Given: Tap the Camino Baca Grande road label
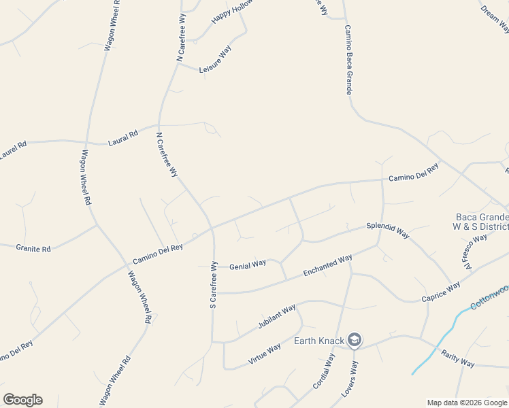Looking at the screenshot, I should (x=348, y=61).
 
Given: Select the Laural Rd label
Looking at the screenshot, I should (x=123, y=137).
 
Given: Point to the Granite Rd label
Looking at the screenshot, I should (x=33, y=248).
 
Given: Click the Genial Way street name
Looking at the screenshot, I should (x=247, y=265).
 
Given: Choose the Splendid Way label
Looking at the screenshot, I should (x=388, y=229).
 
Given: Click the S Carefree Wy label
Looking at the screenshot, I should (x=213, y=284).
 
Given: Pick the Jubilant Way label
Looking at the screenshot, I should (x=276, y=318).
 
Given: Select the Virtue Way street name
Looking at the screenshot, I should (x=264, y=354).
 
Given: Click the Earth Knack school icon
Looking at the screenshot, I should (x=354, y=340).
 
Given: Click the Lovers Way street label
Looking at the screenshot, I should (x=354, y=379).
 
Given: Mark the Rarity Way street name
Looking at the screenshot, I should (x=458, y=358).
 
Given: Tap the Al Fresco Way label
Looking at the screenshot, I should (x=476, y=252).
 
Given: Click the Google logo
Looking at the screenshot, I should (x=22, y=400).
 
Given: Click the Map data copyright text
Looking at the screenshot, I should (x=467, y=403).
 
